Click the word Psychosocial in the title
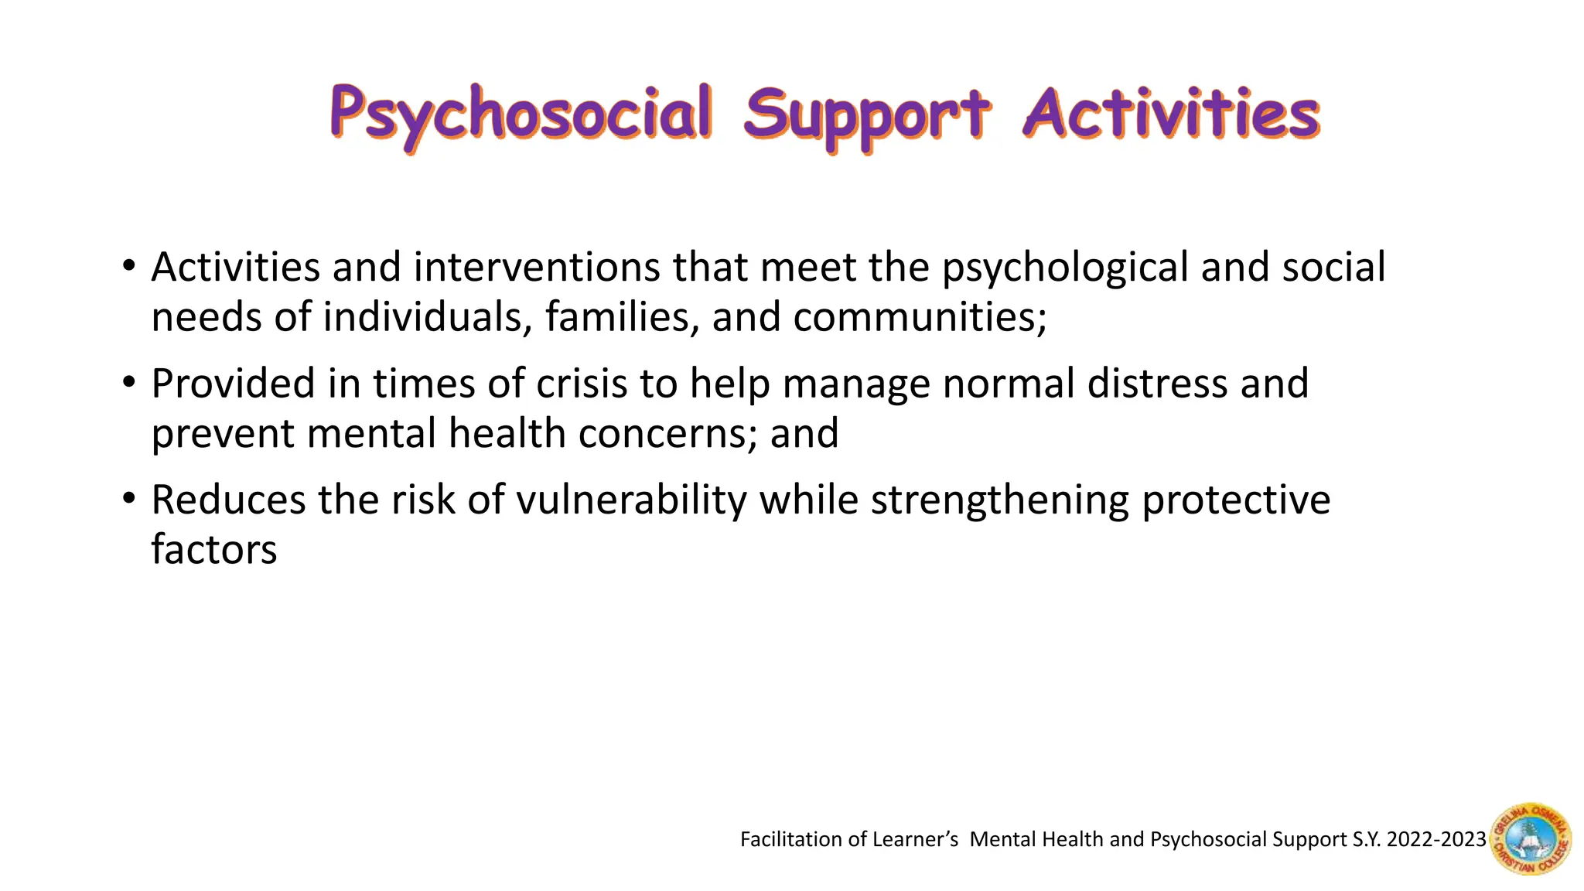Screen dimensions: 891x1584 [521, 114]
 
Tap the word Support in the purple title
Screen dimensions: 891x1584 [866, 116]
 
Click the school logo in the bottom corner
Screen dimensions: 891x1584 [1531, 838]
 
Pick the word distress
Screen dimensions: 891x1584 [1157, 384]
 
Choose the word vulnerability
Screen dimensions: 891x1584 [631, 501]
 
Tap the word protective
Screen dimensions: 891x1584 [1236, 501]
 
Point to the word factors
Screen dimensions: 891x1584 [213, 550]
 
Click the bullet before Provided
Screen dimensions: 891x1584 [129, 382]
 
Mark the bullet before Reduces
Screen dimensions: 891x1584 [129, 498]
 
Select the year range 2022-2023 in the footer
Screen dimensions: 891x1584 [1436, 840]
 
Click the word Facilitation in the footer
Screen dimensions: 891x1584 [790, 840]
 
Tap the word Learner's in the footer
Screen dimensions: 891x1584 [916, 840]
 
